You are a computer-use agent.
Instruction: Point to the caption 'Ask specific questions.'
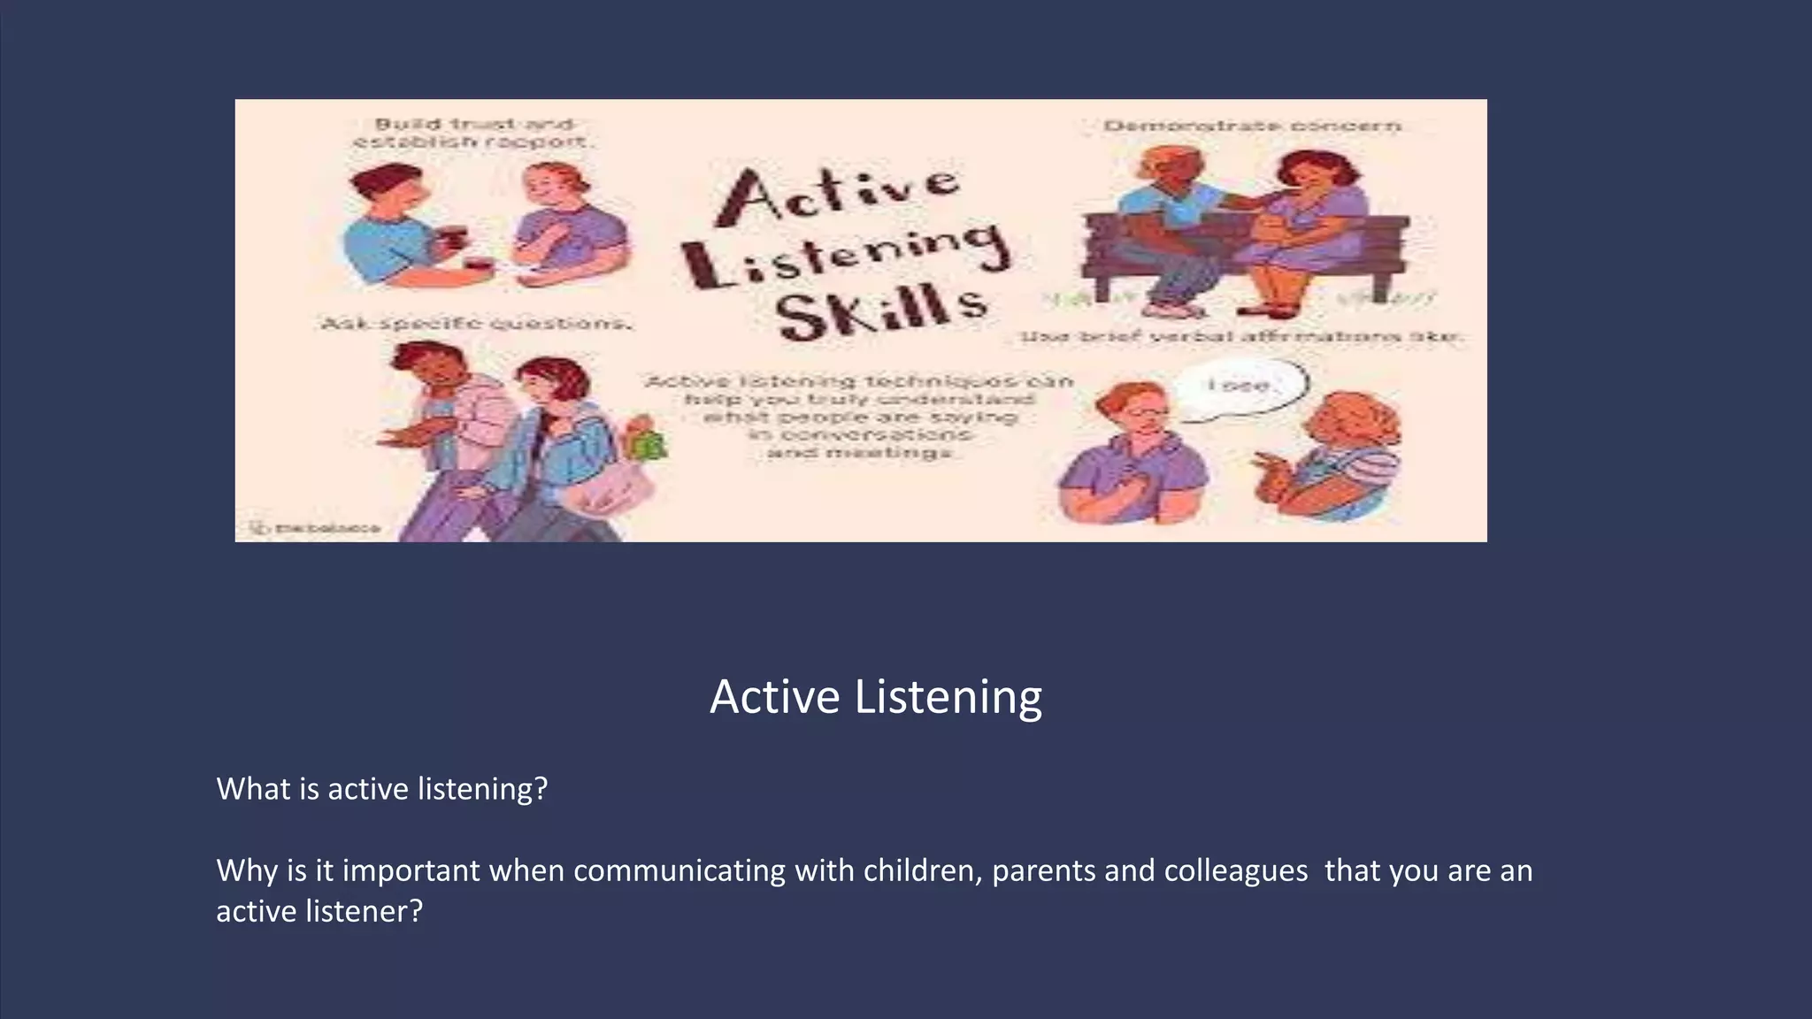[476, 324]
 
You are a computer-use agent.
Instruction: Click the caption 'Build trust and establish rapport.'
[472, 134]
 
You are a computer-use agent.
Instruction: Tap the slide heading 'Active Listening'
[876, 697]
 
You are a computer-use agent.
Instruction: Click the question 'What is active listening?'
[382, 789]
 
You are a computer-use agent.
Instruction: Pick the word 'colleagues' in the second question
[1235, 871]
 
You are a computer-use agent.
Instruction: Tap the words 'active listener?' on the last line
[319, 911]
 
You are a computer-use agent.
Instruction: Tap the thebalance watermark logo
[317, 529]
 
